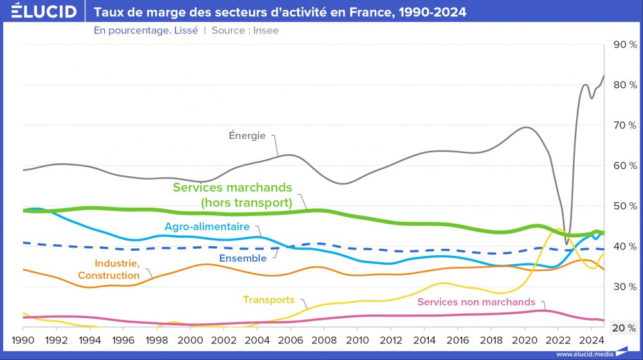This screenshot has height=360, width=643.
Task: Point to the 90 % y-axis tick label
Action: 624,44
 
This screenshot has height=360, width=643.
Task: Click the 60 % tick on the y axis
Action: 624,165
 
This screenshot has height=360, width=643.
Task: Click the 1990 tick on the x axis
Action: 23,339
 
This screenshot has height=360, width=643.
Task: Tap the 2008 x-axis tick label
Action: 324,339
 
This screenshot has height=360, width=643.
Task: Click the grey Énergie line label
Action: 247,135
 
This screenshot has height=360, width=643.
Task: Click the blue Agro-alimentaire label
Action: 206,227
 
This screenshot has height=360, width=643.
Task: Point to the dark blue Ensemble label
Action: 242,258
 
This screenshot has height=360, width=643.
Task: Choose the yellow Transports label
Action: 268,300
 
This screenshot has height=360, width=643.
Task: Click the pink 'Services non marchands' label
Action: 476,301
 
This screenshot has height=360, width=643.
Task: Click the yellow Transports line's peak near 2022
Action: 559,230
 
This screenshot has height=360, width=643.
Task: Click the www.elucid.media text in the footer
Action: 583,354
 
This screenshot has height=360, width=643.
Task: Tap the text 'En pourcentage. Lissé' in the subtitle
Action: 145,30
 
